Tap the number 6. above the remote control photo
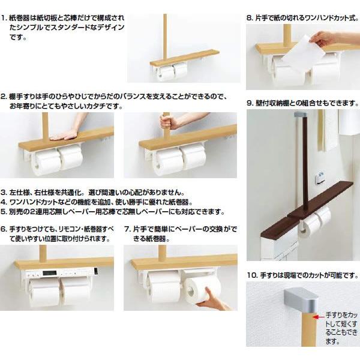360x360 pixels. [4, 229]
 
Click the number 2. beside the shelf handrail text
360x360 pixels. [4, 96]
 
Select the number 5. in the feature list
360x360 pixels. [4, 211]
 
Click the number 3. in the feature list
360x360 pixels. [4, 192]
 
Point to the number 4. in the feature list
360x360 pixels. [4, 202]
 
